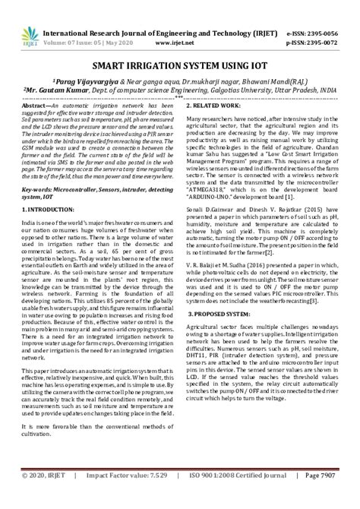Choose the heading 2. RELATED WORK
point(219,105)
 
